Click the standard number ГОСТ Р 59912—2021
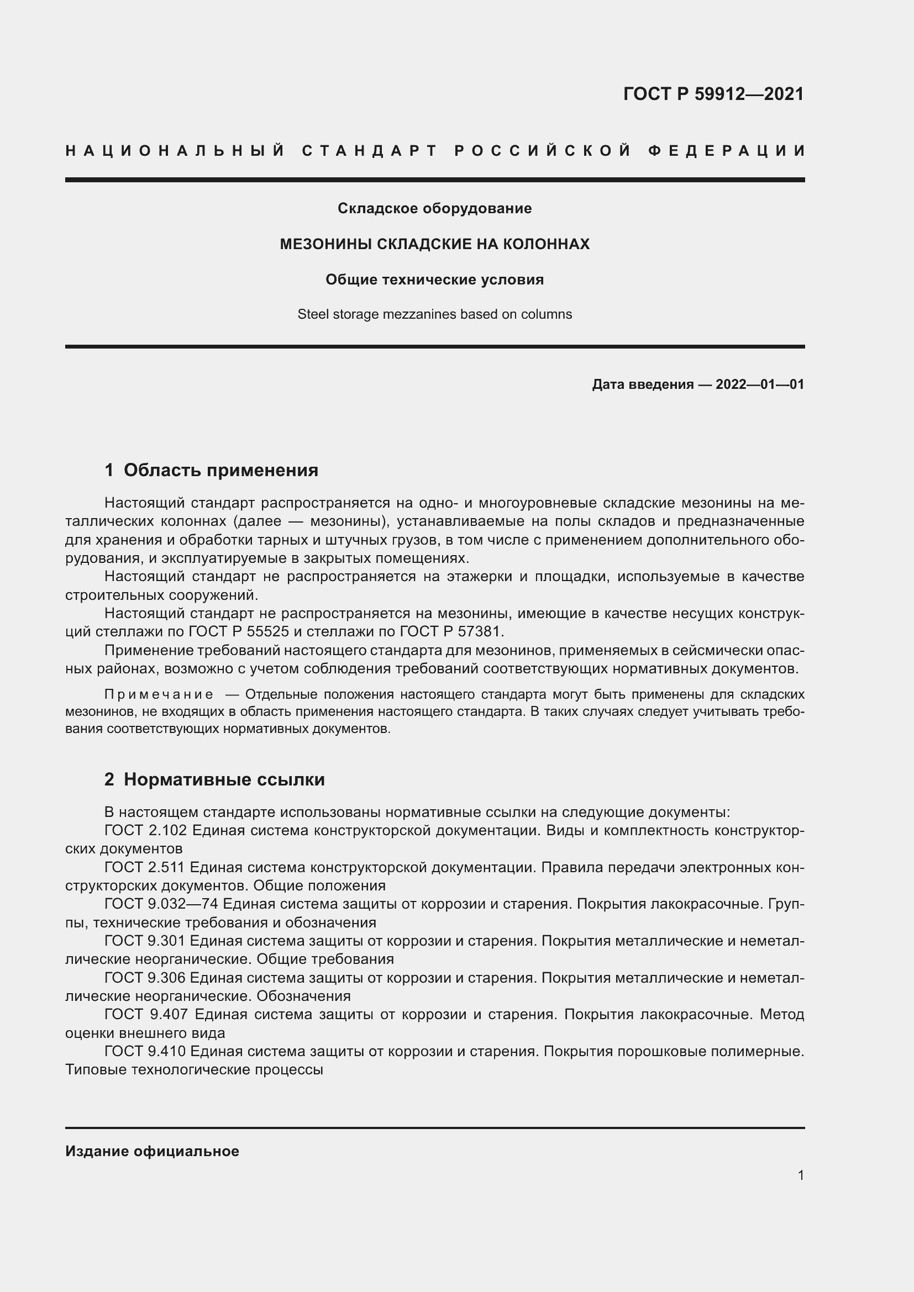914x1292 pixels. (x=713, y=94)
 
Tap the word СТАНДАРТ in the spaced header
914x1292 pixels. (x=370, y=151)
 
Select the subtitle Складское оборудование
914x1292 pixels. (x=434, y=209)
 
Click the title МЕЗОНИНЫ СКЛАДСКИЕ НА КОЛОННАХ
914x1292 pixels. (x=434, y=244)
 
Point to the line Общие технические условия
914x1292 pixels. (x=434, y=280)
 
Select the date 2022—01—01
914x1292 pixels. (x=760, y=385)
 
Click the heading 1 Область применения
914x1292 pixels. (x=212, y=470)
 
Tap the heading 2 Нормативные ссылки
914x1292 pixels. (x=214, y=779)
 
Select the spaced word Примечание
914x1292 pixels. (x=159, y=694)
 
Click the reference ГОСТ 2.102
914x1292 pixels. (x=145, y=831)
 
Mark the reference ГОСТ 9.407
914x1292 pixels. (x=147, y=1014)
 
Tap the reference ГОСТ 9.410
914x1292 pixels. (x=145, y=1051)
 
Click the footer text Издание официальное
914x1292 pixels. (x=152, y=1151)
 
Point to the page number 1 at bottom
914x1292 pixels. (x=801, y=1175)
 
